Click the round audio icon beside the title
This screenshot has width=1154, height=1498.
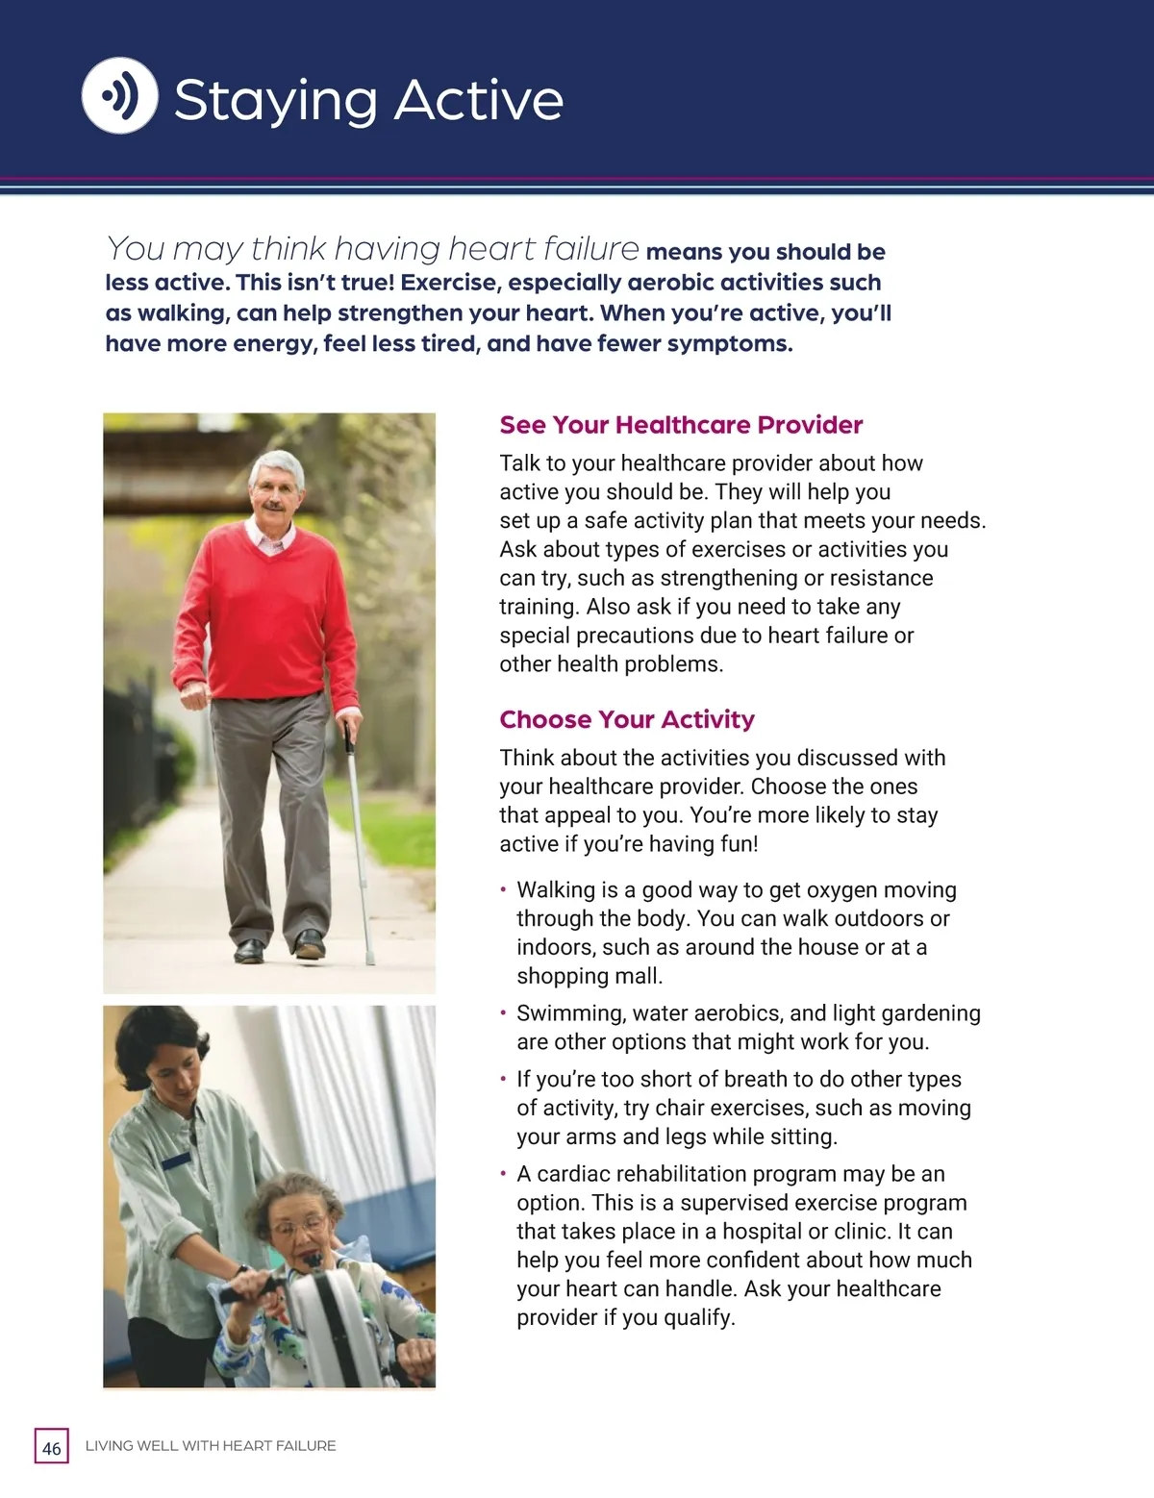[x=119, y=96]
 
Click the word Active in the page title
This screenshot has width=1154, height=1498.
[x=478, y=100]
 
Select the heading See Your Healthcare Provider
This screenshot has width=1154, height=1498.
[x=681, y=425]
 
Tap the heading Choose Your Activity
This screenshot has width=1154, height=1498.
[x=627, y=719]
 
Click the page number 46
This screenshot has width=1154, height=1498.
[x=52, y=1447]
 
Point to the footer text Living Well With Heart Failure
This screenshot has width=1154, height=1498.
[x=211, y=1446]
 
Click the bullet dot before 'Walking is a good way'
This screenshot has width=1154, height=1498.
[x=503, y=890]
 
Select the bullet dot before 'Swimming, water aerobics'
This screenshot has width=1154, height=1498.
[x=503, y=1013]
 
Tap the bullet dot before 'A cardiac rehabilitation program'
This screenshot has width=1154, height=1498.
[x=503, y=1174]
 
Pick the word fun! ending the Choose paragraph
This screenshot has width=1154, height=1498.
[x=735, y=844]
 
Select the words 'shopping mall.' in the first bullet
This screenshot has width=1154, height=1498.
[x=590, y=976]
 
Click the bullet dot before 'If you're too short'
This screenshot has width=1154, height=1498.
[x=503, y=1080]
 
